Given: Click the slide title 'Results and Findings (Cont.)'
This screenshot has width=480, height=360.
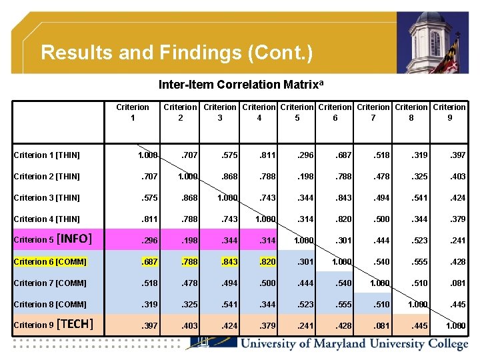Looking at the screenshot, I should pos(177,53).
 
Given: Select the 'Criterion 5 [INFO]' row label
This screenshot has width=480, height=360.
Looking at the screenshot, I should pos(53,239).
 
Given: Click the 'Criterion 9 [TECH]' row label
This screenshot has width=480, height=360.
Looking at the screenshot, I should pos(53,325).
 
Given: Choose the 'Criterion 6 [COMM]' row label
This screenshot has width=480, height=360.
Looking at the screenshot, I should pos(50,262).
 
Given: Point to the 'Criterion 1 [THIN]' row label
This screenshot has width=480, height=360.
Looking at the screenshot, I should pos(47,155).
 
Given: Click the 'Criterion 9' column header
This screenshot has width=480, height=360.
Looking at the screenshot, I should pos(449,112).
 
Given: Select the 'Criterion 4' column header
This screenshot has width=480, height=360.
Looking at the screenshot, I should pos(259,112).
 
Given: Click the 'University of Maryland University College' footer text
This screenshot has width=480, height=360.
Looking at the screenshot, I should pos(353,344).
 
